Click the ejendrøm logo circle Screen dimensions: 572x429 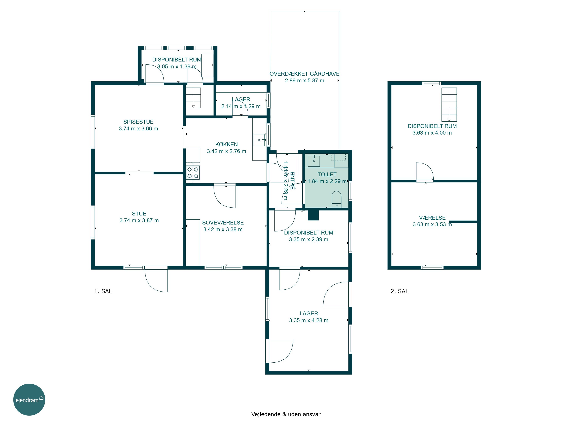29,399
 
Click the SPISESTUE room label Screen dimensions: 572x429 138,122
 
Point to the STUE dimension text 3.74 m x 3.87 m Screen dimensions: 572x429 139,221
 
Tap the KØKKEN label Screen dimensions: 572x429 227,145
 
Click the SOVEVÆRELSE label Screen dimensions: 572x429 223,223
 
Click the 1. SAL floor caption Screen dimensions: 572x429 103,291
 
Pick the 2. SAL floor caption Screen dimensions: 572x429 399,291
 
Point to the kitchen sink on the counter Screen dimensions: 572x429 259,140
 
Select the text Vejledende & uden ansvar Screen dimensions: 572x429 286,414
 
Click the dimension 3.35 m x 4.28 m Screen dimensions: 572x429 309,320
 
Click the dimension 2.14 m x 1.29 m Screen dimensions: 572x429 241,106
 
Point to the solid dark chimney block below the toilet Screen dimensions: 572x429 313,215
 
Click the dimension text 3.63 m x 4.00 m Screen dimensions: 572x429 432,133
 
